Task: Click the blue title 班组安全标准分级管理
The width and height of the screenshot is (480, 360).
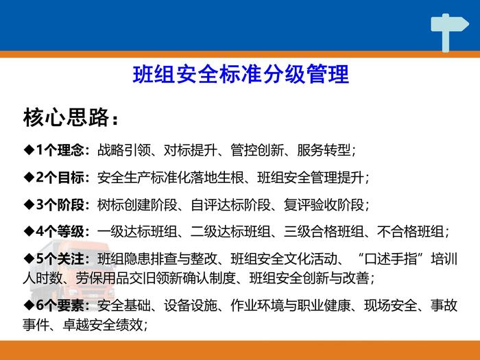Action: coord(241,74)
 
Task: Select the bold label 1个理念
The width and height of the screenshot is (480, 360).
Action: coord(60,150)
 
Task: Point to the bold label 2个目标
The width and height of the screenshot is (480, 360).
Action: coord(60,177)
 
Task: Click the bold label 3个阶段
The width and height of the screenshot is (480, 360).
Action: coord(60,204)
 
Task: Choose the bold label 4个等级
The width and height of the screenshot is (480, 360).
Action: coord(60,232)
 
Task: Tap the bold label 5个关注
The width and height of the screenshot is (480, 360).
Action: coord(60,259)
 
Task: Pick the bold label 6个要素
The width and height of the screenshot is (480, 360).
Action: coord(60,305)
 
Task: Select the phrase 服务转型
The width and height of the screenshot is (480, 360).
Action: coord(324,150)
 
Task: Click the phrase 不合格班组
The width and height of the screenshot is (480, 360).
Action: coord(410,232)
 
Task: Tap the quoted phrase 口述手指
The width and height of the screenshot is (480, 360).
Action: coord(390,259)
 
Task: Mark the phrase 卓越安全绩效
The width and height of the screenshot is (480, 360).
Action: coord(103,324)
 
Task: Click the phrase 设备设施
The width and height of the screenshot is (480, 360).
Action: coord(191,305)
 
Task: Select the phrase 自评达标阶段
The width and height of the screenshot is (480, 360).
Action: coord(230,204)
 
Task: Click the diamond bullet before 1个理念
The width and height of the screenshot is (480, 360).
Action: coord(29,150)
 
